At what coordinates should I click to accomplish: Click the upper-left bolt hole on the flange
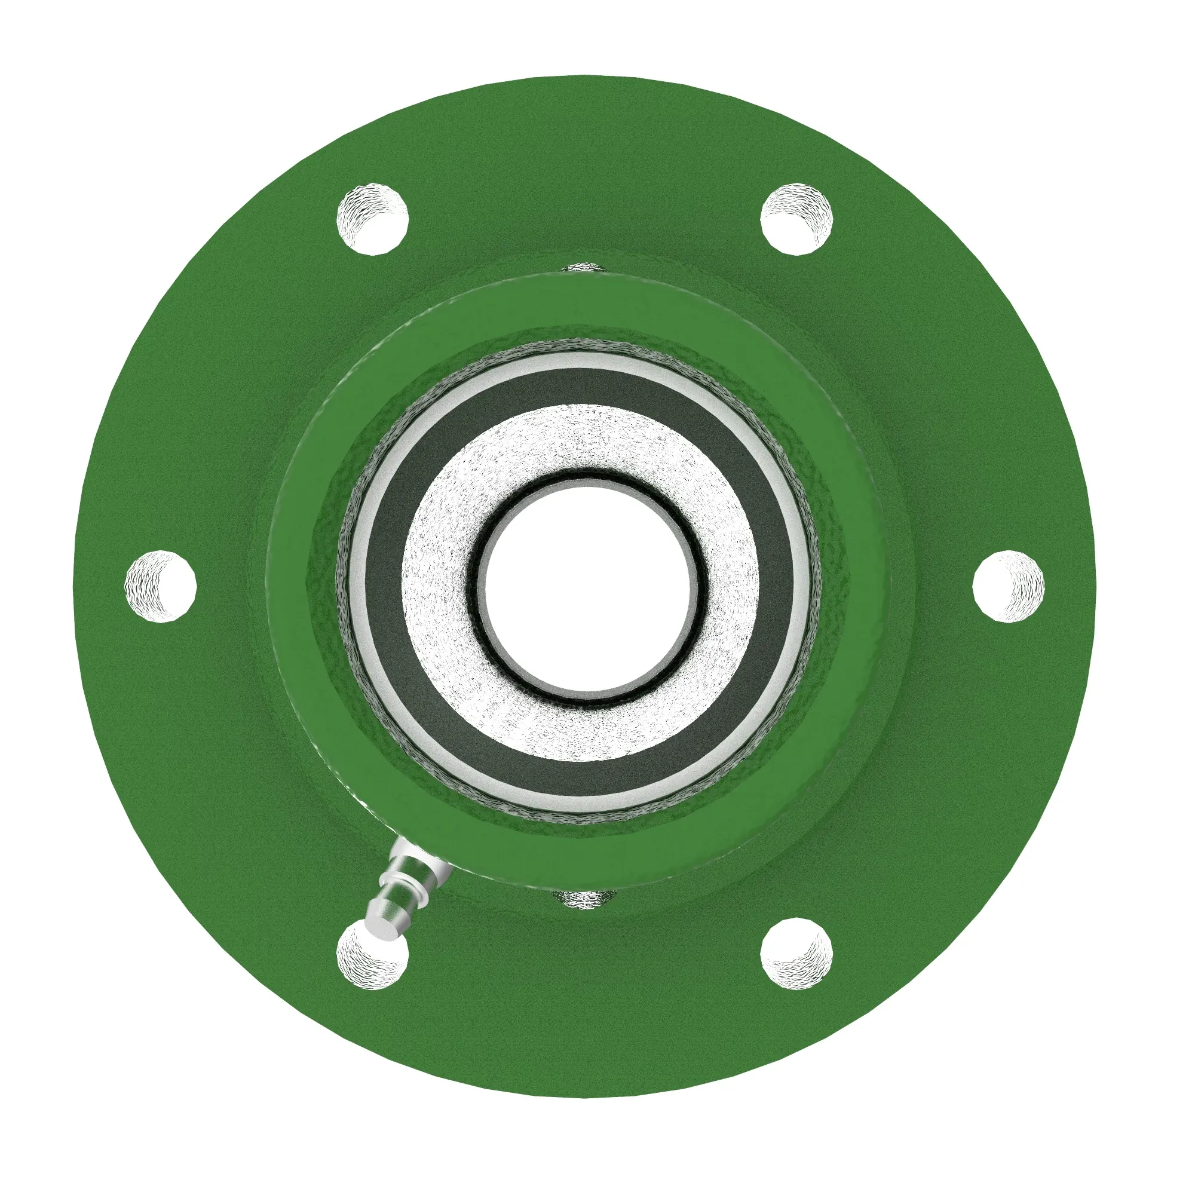[372, 217]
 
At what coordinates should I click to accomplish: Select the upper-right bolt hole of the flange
[796, 217]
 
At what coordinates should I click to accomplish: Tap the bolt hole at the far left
[161, 585]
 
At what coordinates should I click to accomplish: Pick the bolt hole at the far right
[1008, 585]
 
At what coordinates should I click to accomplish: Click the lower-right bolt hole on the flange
[796, 952]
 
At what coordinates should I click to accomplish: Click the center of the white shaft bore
[586, 584]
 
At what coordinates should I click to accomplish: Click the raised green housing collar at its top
[581, 303]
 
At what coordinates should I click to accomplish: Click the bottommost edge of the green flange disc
[584, 1095]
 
